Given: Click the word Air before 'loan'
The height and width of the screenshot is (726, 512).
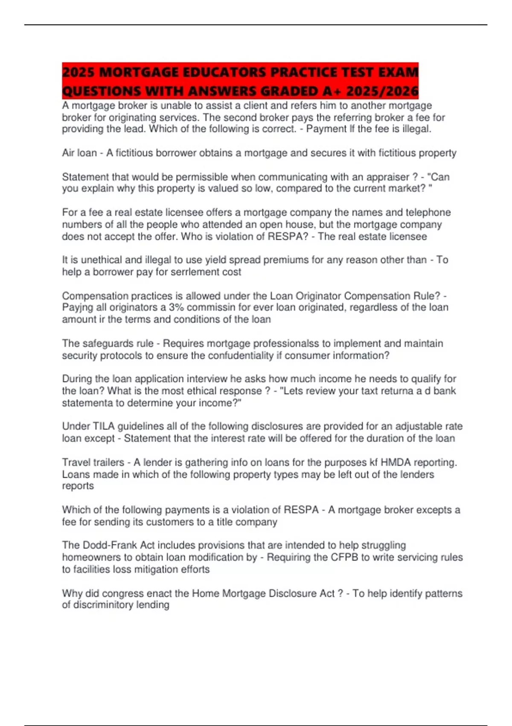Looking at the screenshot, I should tap(68, 153).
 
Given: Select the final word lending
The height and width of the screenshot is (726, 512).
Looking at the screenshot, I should tap(152, 605).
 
